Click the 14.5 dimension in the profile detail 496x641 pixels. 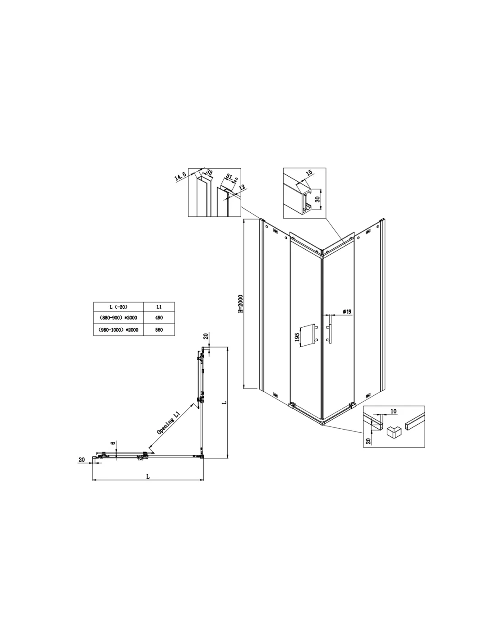pyautogui.click(x=180, y=176)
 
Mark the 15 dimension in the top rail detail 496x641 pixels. pyautogui.click(x=308, y=173)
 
